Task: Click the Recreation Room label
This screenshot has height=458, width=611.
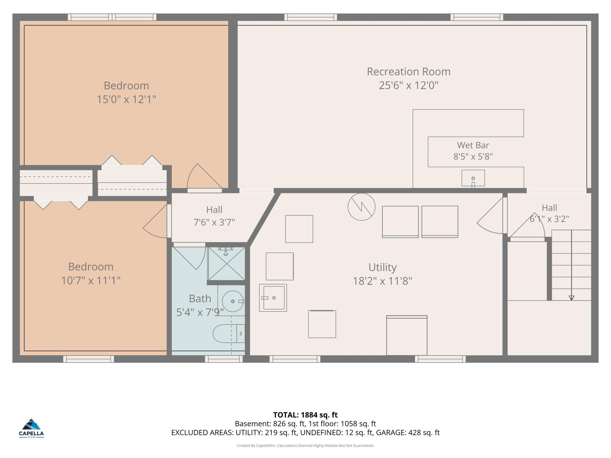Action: [x=408, y=72]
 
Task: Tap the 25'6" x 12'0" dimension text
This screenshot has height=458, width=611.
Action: [x=408, y=85]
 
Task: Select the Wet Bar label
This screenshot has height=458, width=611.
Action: [x=473, y=145]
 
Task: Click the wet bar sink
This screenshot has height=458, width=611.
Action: [x=473, y=178]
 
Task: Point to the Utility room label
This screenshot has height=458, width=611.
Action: [x=382, y=267]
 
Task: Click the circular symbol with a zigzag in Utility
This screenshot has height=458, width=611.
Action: [x=361, y=207]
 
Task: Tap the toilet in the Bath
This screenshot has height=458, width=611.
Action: [x=229, y=334]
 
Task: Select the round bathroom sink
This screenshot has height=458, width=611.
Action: [x=233, y=301]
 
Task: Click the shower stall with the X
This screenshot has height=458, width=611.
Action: [x=226, y=264]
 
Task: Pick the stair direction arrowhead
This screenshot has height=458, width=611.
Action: [x=571, y=298]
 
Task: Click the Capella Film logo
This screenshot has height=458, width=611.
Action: [x=31, y=428]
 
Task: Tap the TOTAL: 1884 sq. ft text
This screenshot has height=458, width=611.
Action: [x=305, y=415]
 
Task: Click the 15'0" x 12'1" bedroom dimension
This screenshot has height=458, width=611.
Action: [x=126, y=100]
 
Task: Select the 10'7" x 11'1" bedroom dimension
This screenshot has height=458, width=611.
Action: [x=91, y=281]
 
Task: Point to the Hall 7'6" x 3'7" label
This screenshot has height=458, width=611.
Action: [x=214, y=216]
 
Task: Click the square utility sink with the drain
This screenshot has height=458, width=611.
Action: [x=273, y=298]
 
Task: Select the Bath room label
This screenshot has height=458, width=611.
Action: [x=200, y=299]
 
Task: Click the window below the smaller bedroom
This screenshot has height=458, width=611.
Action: [x=88, y=359]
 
